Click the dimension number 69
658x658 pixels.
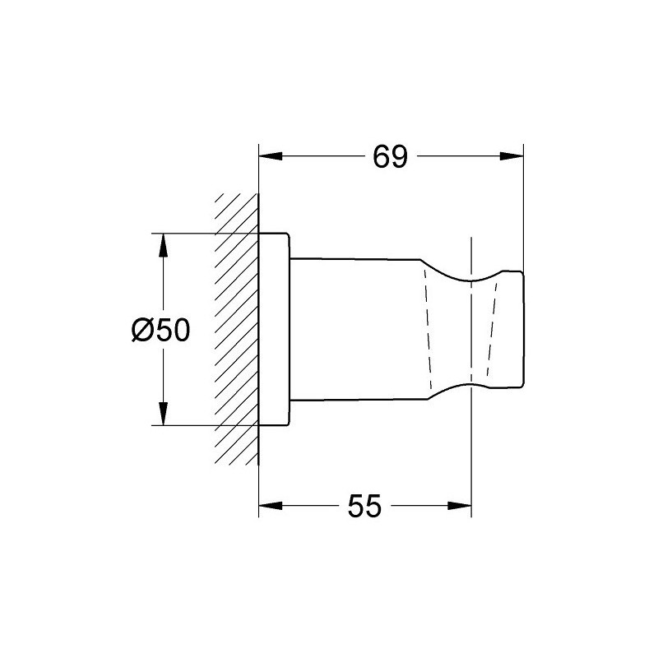(390, 157)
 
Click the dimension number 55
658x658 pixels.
(364, 506)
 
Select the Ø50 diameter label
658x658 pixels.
(160, 330)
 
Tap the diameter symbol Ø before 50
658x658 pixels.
(143, 330)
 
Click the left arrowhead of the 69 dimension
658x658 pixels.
(271, 156)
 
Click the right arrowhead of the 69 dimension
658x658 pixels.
(512, 156)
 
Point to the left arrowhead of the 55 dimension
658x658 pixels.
(271, 505)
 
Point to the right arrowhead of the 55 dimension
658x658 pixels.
(460, 505)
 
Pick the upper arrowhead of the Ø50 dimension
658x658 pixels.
(163, 245)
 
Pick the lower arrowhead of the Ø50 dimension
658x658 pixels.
(163, 414)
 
